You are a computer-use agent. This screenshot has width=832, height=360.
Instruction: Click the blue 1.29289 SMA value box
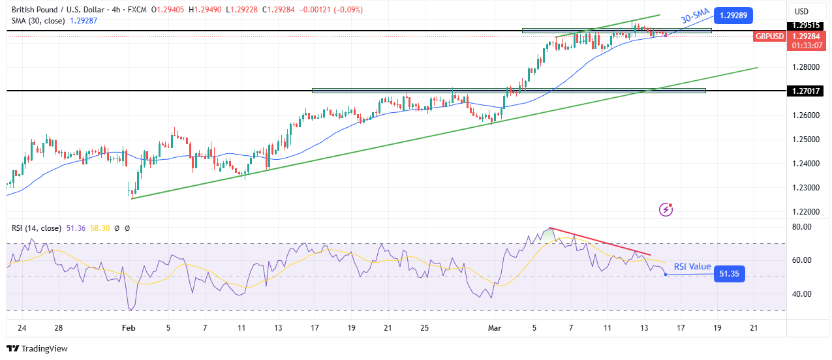pyautogui.click(x=735, y=15)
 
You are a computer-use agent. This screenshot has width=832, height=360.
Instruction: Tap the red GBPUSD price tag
pyautogui.click(x=770, y=37)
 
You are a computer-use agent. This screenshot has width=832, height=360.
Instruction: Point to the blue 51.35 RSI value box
pyautogui.click(x=730, y=274)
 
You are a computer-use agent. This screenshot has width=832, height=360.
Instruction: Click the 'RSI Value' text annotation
pyautogui.click(x=692, y=266)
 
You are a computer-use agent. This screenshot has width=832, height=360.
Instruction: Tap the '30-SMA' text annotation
pyautogui.click(x=695, y=18)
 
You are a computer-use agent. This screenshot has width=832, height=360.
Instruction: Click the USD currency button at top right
pyautogui.click(x=801, y=11)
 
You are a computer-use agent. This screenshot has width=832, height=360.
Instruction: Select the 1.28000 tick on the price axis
pyautogui.click(x=806, y=67)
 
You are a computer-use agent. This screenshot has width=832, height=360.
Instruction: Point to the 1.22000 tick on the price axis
pyautogui.click(x=806, y=212)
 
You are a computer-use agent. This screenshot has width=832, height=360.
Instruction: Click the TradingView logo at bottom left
pyautogui.click(x=37, y=349)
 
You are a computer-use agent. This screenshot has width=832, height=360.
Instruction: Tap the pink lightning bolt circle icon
pyautogui.click(x=666, y=209)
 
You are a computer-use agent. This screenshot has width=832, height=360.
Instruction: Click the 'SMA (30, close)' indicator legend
pyautogui.click(x=37, y=22)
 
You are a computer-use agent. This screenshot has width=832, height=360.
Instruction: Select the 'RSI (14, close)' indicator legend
pyautogui.click(x=36, y=228)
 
